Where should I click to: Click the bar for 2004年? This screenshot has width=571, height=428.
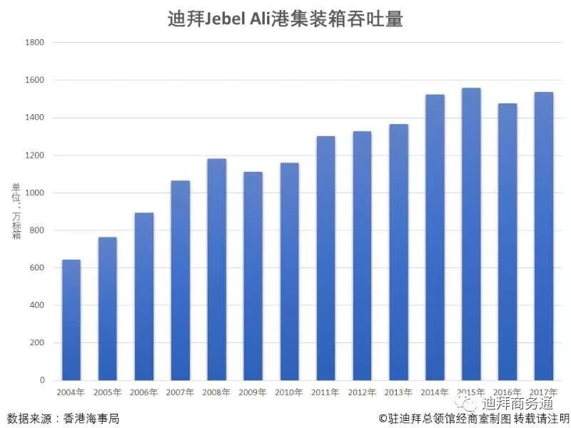click(x=71, y=320)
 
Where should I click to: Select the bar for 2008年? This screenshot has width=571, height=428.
click(x=217, y=270)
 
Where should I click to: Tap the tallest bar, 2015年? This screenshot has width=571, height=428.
click(x=471, y=234)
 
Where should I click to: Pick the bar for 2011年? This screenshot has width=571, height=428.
click(x=326, y=258)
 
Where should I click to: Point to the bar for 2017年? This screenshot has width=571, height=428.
click(x=544, y=236)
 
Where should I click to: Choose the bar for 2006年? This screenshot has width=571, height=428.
click(x=144, y=296)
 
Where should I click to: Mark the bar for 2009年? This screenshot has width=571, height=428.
click(x=253, y=276)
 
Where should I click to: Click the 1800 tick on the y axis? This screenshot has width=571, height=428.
click(x=34, y=42)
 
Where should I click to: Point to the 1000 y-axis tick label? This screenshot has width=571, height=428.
click(x=34, y=193)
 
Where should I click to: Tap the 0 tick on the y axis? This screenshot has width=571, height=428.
click(x=42, y=380)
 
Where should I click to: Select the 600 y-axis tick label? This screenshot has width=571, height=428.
click(x=36, y=267)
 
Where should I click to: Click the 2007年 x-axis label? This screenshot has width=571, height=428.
click(x=180, y=392)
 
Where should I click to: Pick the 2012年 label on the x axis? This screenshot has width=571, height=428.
click(x=362, y=392)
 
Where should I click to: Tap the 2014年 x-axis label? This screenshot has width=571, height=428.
click(x=435, y=392)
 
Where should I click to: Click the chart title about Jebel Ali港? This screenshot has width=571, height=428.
click(x=285, y=19)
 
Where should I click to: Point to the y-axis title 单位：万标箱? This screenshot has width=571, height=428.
click(x=16, y=211)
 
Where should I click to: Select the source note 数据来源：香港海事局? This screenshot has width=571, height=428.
click(x=64, y=419)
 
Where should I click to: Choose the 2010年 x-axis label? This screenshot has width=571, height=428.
click(x=289, y=392)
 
